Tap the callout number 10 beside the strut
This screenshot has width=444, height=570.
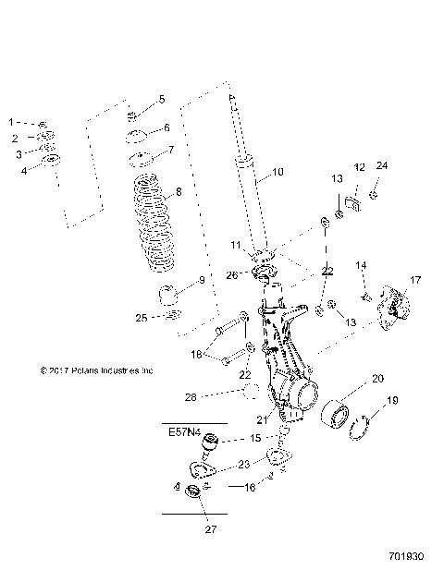(278, 173)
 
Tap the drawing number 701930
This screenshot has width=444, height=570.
(407, 559)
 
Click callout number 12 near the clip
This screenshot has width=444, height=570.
(358, 167)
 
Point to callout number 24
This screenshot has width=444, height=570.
(382, 167)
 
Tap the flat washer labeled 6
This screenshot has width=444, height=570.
(139, 138)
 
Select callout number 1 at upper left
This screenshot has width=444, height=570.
(12, 122)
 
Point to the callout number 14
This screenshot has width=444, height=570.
(363, 266)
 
